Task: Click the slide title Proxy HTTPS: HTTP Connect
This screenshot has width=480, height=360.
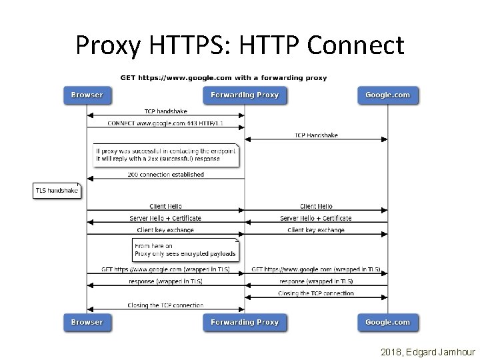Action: (240, 45)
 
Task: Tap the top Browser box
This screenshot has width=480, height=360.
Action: (87, 95)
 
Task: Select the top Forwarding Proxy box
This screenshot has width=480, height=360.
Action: (245, 95)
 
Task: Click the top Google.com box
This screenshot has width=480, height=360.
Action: (388, 95)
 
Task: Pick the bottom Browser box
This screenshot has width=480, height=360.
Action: (87, 322)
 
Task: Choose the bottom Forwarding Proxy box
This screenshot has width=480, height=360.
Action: (245, 322)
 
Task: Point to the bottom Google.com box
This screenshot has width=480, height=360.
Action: (388, 322)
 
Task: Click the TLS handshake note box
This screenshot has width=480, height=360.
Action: (57, 191)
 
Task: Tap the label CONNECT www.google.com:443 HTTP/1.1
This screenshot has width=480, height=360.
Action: (166, 123)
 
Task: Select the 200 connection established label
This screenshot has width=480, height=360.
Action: (166, 175)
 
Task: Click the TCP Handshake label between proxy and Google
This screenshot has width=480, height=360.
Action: (316, 135)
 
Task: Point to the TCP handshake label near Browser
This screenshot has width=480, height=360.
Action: (166, 111)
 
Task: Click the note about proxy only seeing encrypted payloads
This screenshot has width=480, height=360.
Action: (185, 250)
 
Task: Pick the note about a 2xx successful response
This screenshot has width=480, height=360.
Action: (165, 155)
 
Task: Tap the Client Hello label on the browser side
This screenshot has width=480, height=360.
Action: (166, 207)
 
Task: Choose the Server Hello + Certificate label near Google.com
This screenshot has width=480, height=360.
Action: (316, 218)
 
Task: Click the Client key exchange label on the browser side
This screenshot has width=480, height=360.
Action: (165, 230)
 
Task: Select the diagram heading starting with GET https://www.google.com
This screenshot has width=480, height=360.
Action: (223, 77)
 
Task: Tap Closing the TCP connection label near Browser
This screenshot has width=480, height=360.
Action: (166, 305)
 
